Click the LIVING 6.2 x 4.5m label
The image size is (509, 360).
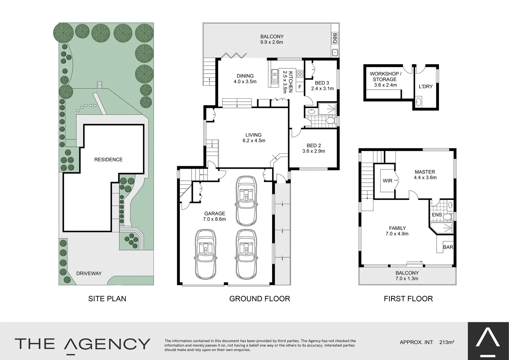254,138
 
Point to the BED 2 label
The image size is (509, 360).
313,148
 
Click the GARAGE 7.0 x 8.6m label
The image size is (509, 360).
215,216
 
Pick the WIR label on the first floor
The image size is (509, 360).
387,181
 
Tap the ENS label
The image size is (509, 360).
437,215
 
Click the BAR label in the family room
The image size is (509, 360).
448,247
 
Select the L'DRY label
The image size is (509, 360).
426,86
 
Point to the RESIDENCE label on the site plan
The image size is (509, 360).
108,160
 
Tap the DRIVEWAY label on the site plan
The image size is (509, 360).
89,273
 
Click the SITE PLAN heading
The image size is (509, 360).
107,299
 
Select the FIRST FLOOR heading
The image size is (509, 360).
408,299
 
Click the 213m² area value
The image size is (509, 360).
447,342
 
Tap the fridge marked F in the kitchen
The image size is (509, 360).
299,87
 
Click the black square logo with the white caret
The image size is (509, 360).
488,341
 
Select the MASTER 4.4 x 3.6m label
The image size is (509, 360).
425,175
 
